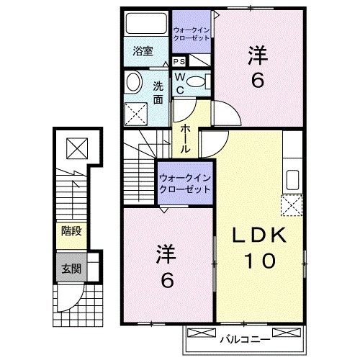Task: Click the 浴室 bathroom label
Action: point(143,50)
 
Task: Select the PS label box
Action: point(179,62)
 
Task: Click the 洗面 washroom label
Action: point(157,91)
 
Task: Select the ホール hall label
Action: point(185,137)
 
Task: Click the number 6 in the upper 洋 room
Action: point(256,81)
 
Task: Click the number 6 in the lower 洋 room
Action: point(166,279)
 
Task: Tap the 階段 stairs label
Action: point(71,232)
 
